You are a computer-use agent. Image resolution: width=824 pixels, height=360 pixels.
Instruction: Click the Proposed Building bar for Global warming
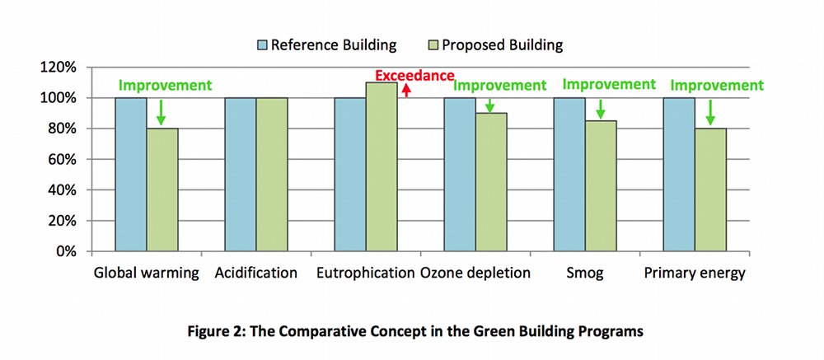point(162,189)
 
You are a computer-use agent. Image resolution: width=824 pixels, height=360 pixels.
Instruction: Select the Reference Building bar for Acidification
point(241,175)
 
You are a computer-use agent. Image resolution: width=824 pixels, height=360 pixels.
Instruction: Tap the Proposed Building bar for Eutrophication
point(382,167)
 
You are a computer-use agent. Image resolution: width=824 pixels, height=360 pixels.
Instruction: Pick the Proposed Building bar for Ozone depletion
point(491,182)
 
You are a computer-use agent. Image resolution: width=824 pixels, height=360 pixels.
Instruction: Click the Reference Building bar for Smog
point(569,175)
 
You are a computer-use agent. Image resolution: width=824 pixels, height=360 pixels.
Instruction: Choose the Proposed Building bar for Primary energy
point(710,189)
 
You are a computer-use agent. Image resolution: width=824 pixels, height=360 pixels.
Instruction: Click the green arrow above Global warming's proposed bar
point(162,111)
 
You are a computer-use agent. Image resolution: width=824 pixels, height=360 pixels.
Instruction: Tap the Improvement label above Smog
point(608,84)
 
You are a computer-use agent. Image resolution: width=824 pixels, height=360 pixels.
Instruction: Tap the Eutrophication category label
point(366,274)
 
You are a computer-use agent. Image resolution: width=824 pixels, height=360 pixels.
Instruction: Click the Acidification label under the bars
point(255,274)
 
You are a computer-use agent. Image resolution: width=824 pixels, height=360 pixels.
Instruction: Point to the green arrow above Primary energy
point(710,111)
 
